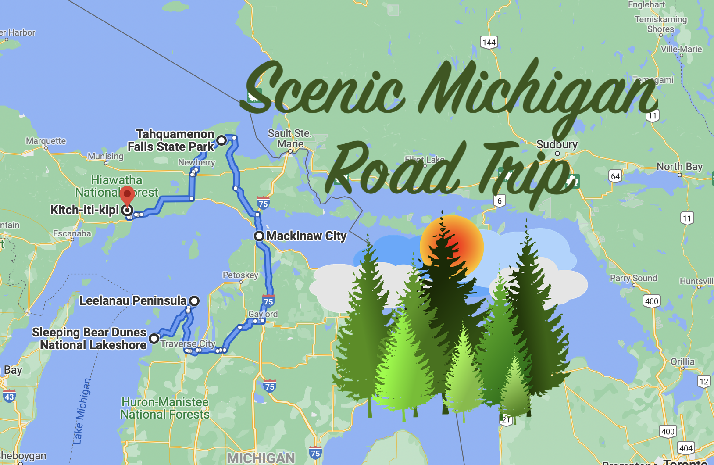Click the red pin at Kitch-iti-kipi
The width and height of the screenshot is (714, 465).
[x=127, y=194]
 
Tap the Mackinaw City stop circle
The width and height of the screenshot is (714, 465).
[x=259, y=236]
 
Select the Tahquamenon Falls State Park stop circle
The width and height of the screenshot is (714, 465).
[x=222, y=140]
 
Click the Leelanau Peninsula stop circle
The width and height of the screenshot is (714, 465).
[x=194, y=301]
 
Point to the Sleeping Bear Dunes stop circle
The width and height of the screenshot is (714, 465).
[x=154, y=339]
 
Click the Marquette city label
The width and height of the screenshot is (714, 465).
[x=46, y=141]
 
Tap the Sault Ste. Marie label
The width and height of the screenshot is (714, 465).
[x=290, y=138]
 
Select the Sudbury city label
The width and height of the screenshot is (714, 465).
[x=557, y=144]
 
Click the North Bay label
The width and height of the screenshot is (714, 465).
[x=679, y=167]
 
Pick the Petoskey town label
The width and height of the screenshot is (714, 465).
[x=240, y=275]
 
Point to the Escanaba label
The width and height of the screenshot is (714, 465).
[x=72, y=233]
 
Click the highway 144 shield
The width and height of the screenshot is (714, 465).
[x=489, y=42]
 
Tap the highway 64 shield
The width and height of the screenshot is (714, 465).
[x=615, y=176]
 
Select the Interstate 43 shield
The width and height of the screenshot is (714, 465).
[x=9, y=397]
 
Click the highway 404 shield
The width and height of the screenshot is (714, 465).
[x=685, y=448]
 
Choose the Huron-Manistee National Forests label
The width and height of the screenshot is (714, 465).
[x=165, y=408]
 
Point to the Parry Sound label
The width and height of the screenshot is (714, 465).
[x=633, y=278]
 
